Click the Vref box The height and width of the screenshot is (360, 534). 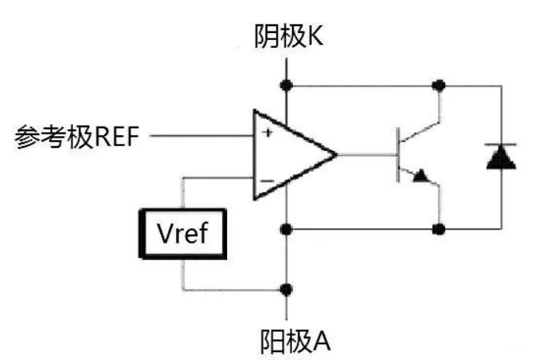click(183, 233)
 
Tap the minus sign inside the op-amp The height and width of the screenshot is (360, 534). click(267, 181)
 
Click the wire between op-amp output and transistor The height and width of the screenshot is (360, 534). click(364, 154)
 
